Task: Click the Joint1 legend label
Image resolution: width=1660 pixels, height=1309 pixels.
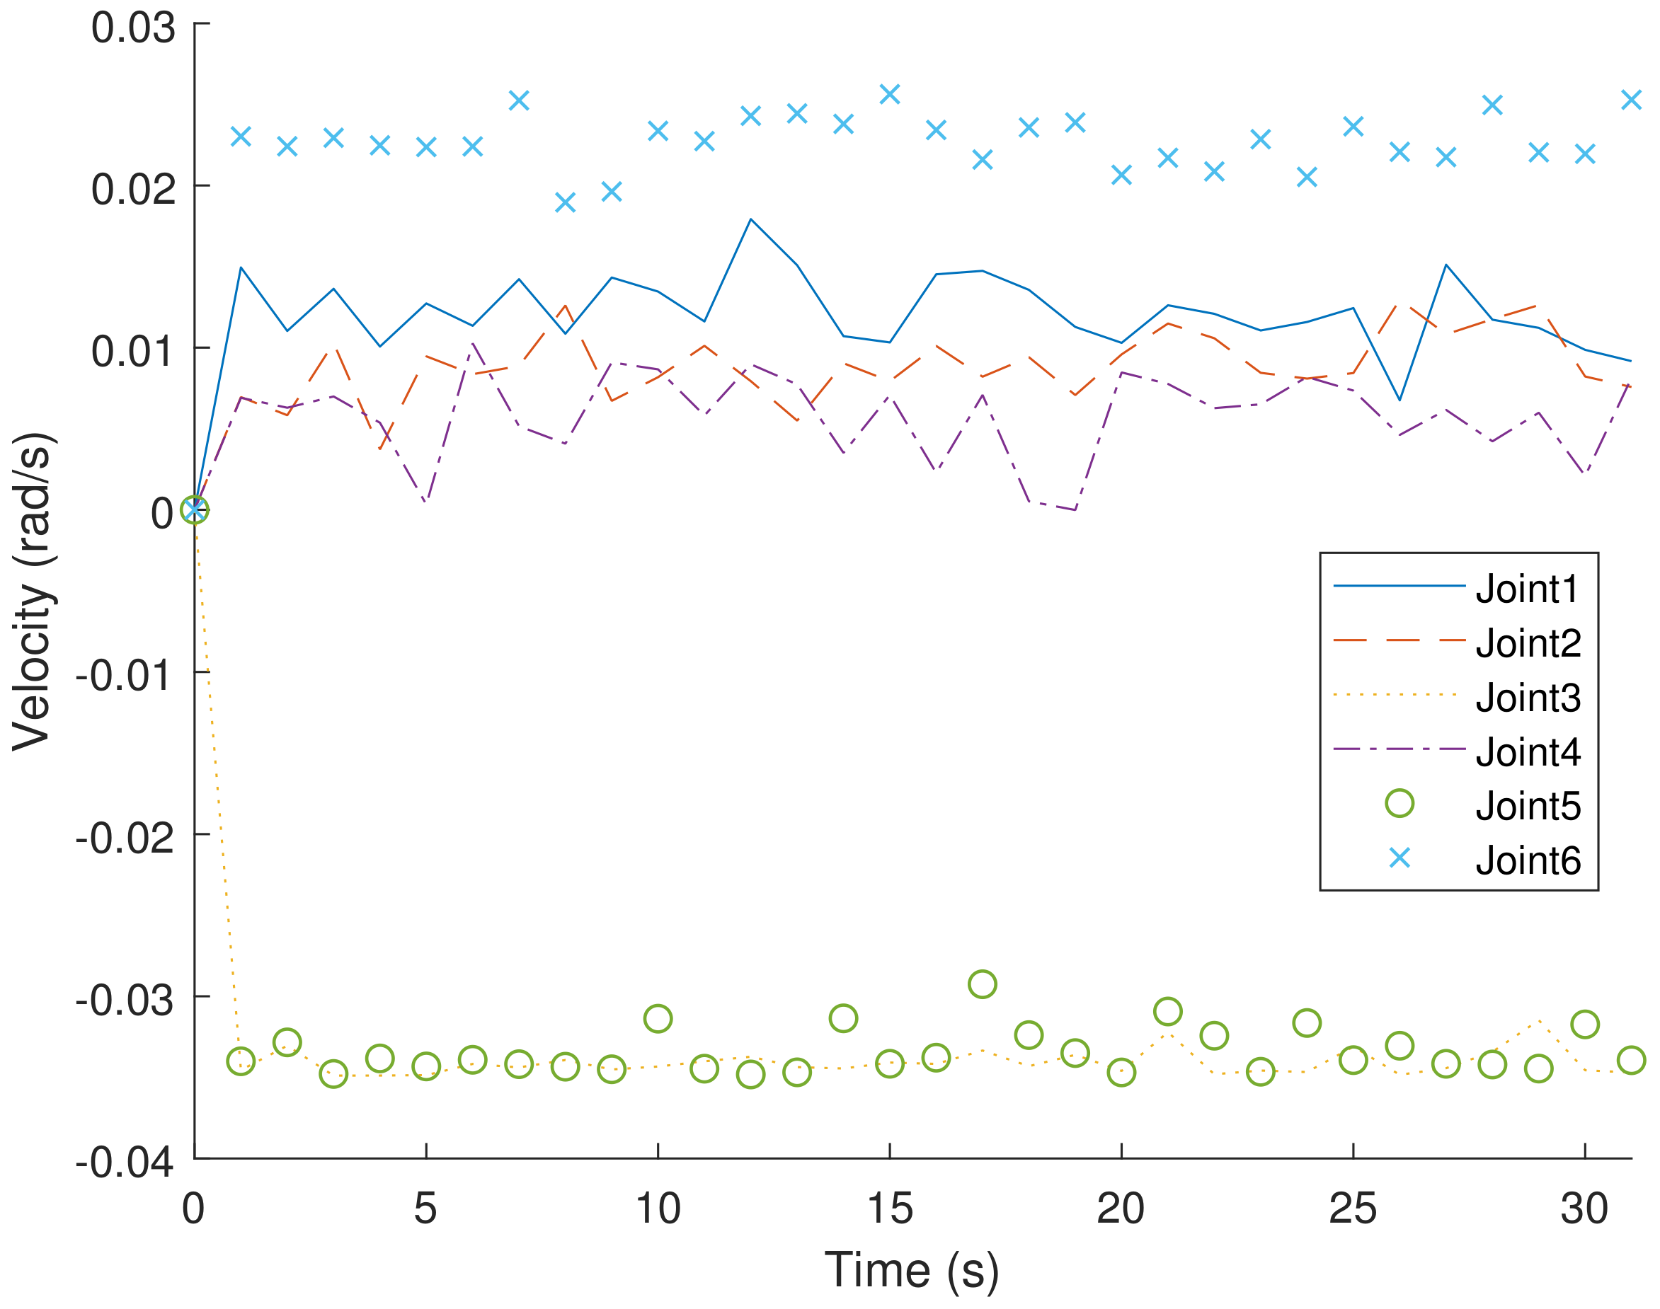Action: (x=1527, y=589)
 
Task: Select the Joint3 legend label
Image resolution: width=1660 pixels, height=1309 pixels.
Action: (x=1528, y=698)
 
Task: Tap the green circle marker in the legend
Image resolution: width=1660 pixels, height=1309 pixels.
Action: (x=1399, y=803)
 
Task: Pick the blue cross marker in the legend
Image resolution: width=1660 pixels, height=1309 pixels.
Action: (x=1399, y=858)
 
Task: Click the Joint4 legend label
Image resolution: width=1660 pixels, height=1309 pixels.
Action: (x=1528, y=752)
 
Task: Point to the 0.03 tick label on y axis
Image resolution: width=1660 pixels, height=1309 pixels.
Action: (x=132, y=28)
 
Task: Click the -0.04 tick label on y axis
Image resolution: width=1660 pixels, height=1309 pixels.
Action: (x=124, y=1163)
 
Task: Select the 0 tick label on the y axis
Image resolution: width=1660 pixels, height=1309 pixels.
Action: (x=162, y=513)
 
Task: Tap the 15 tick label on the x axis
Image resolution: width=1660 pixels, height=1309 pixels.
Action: (x=889, y=1209)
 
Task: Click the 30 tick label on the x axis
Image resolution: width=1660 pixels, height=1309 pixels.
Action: (x=1584, y=1209)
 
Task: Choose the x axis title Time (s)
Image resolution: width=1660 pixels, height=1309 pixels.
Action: (x=912, y=1270)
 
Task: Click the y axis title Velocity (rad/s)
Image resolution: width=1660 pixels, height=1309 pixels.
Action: (x=32, y=592)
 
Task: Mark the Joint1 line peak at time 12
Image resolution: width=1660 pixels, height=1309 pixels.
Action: (x=750, y=219)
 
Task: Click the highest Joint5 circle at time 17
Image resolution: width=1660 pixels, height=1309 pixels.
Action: (x=983, y=984)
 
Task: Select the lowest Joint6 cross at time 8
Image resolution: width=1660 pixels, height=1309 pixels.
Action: (x=565, y=202)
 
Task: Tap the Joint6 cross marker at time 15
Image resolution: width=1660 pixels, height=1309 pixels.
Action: (x=889, y=94)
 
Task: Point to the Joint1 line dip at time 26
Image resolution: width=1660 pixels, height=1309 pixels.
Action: (x=1399, y=399)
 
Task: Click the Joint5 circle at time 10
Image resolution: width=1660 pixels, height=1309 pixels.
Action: (x=658, y=1018)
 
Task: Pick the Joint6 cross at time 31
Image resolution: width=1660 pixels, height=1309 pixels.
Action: (x=1631, y=100)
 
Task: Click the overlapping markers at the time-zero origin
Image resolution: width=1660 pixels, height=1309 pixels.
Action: (x=195, y=509)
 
